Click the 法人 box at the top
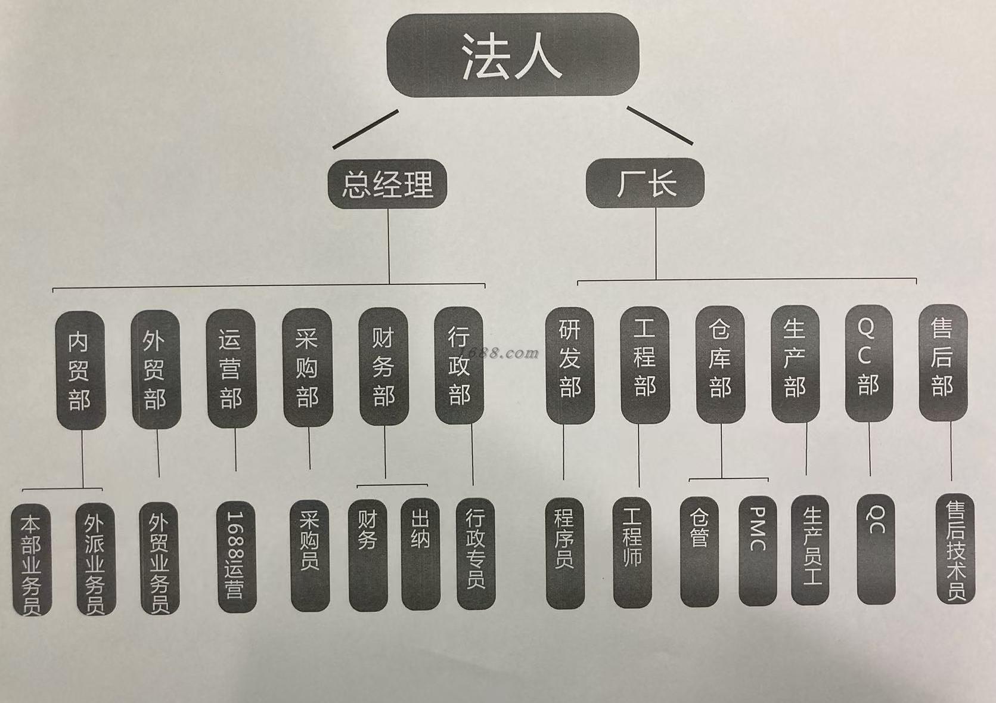pos(513,55)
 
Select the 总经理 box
pos(387,184)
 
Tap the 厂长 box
pos(646,182)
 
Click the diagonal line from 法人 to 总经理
pos(365,129)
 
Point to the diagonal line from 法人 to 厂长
pos(660,125)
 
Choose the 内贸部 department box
pos(80,370)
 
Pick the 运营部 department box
pos(231,368)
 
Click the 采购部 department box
pos(307,367)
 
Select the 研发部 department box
pos(570,365)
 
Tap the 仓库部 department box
pos(720,364)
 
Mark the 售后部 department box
pos(942,363)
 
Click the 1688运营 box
pos(235,556)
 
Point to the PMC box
pos(758,550)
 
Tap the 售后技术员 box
pos(955,549)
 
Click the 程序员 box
pos(564,553)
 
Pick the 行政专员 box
pos(475,553)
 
